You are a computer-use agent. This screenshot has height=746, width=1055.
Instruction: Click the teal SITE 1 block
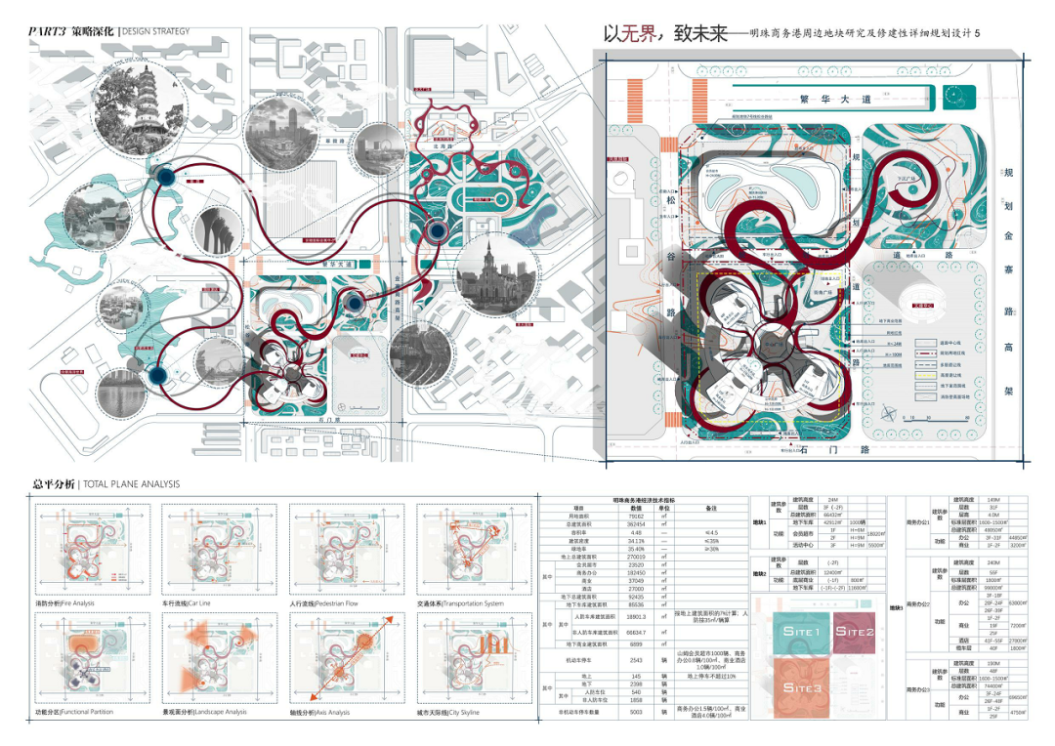pos(801,631)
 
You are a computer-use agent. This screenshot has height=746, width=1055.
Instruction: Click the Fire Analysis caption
pos(64,603)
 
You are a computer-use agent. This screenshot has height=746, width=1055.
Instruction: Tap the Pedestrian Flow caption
pos(325,603)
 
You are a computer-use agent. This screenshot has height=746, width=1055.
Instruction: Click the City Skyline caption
pos(448,713)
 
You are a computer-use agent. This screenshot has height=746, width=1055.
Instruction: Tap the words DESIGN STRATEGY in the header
pos(156,31)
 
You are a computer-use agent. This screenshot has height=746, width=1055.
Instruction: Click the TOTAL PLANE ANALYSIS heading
pos(131,483)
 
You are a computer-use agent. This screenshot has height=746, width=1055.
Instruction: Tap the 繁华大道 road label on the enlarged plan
pos(832,99)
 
